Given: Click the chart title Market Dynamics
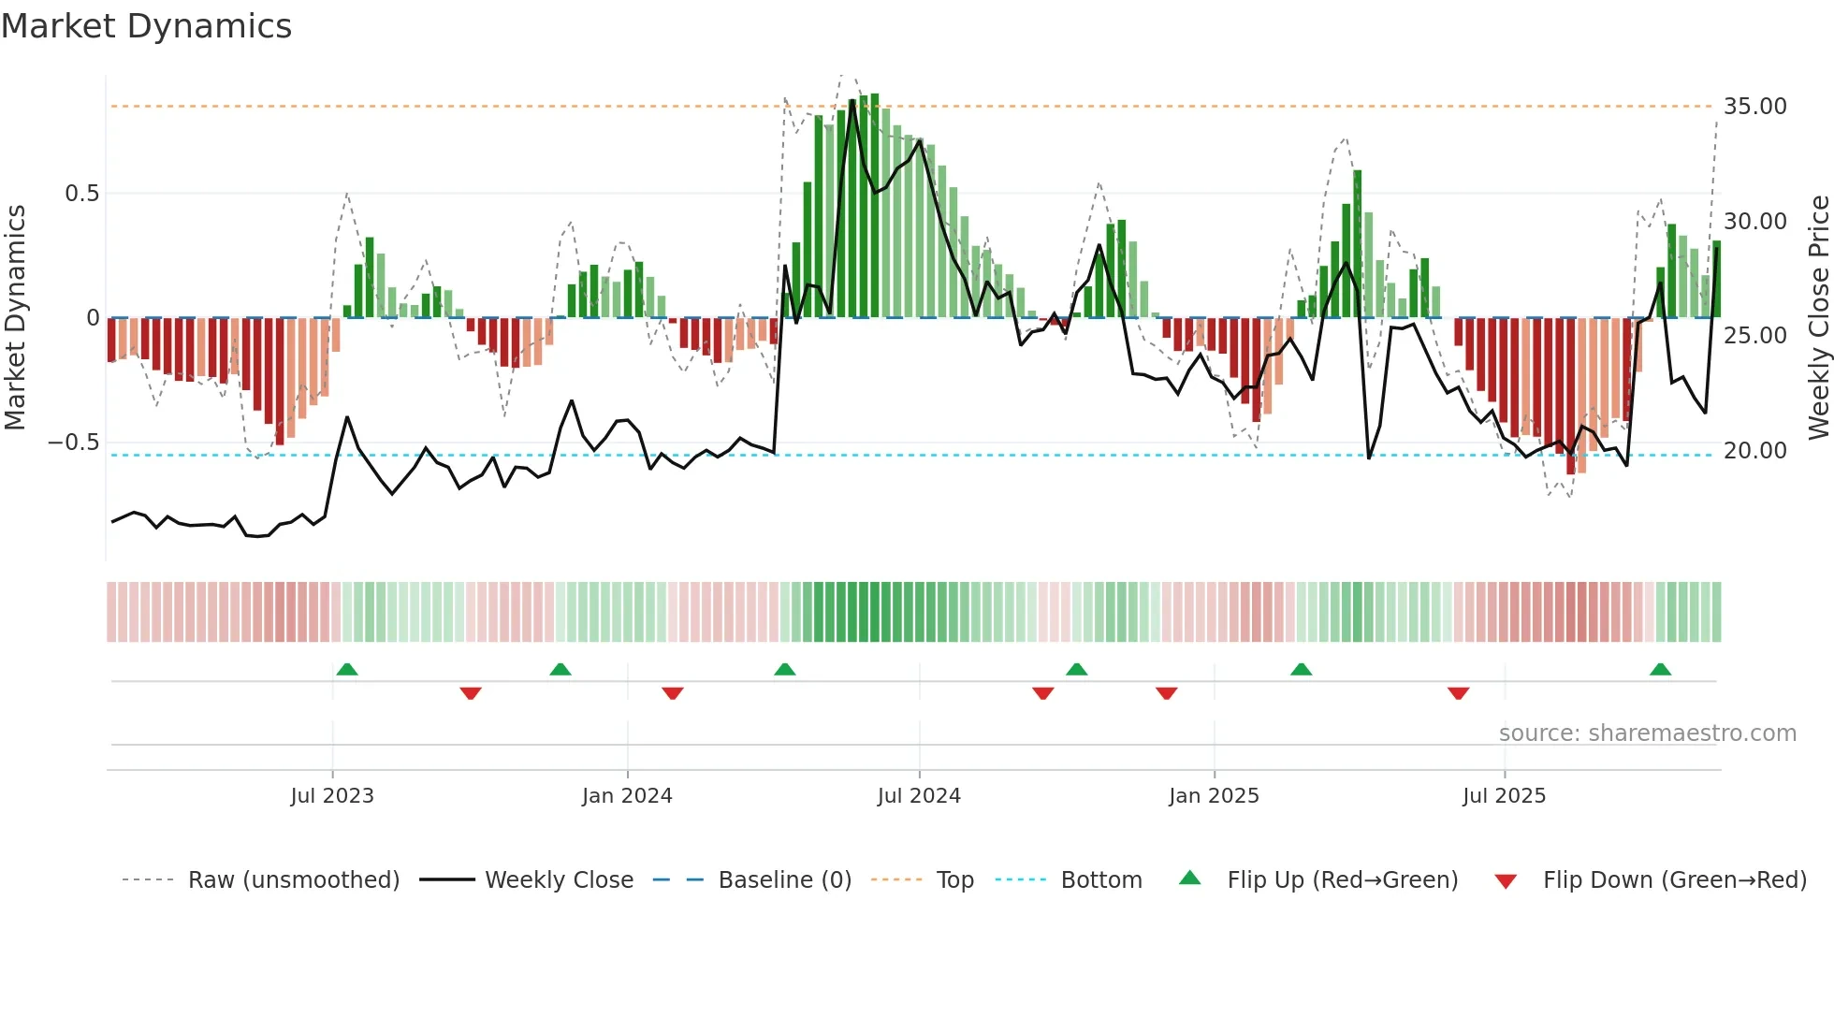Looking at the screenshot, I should point(146,26).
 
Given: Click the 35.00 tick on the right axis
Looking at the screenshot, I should point(1754,107).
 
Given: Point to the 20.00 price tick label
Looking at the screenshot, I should point(1754,451).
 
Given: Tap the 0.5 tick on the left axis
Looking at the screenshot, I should point(81,194).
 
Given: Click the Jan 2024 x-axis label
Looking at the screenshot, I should point(627,796).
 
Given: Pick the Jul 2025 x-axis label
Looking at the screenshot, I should point(1504,796).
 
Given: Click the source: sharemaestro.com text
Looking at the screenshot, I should point(1647,733).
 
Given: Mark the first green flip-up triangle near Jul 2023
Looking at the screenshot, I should point(347,669).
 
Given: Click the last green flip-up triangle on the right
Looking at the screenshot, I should point(1661,669).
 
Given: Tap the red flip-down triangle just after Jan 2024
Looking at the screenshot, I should point(673,693).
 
